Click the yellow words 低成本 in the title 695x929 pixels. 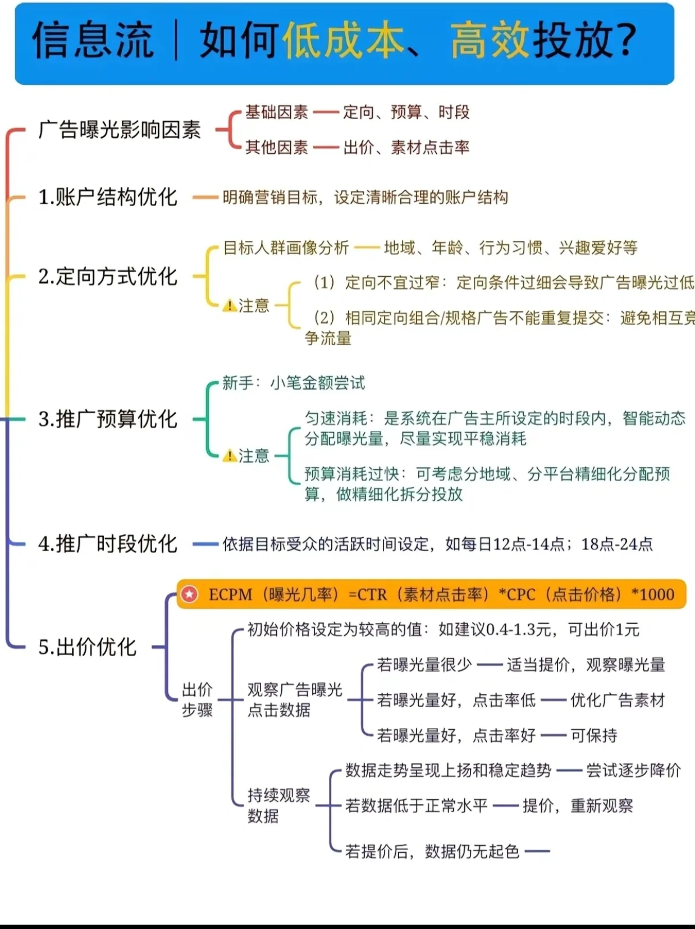pyautogui.click(x=343, y=40)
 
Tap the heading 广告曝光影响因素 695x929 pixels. pyautogui.click(x=120, y=130)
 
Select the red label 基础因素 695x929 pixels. pyautogui.click(x=276, y=112)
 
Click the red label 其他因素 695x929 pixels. pyautogui.click(x=276, y=148)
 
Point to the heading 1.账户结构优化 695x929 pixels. pyautogui.click(x=107, y=197)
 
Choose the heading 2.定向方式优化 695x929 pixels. pyautogui.click(x=107, y=276)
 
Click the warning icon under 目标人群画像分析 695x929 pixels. pyautogui.click(x=229, y=306)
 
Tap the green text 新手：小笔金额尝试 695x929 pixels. pyautogui.click(x=293, y=383)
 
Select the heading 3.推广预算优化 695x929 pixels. pyautogui.click(x=107, y=419)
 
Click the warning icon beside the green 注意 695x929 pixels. pyautogui.click(x=229, y=456)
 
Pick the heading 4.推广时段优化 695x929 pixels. pyautogui.click(x=107, y=544)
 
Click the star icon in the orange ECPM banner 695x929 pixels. pyautogui.click(x=190, y=594)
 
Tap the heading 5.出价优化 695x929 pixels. pyautogui.click(x=87, y=647)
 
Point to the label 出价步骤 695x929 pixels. pyautogui.click(x=197, y=700)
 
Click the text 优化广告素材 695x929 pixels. pyautogui.click(x=618, y=700)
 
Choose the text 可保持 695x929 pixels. pyautogui.click(x=594, y=735)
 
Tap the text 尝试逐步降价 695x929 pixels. pyautogui.click(x=633, y=770)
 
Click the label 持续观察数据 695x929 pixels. pyautogui.click(x=278, y=806)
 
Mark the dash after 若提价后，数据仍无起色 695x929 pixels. pyautogui.click(x=537, y=852)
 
